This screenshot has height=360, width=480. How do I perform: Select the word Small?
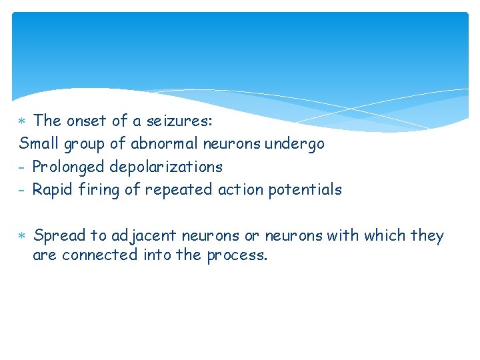click(x=39, y=143)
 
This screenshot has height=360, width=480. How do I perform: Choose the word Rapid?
click(x=53, y=190)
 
